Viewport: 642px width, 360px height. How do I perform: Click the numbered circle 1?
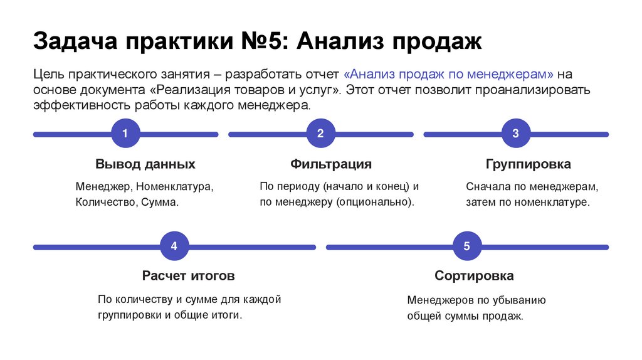[x=125, y=134]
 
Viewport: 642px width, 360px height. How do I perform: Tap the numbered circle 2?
[x=320, y=134]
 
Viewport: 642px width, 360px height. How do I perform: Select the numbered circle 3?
[x=515, y=134]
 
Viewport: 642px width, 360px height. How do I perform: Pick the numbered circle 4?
[x=174, y=246]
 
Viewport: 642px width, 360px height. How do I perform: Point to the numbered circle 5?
[x=467, y=246]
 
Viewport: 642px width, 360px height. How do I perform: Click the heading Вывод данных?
[x=145, y=164]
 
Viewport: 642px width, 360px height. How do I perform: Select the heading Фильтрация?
[x=330, y=164]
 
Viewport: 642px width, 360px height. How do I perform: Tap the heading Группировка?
[x=528, y=164]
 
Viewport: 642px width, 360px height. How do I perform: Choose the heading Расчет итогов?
[x=188, y=275]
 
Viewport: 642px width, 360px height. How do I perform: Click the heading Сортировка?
[x=474, y=275]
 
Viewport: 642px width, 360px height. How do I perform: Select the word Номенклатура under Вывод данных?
[x=175, y=187]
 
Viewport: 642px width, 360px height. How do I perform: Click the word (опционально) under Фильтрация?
[x=375, y=203]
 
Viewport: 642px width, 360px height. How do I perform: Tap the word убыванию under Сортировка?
[x=518, y=300]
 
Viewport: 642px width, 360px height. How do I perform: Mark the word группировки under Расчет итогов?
[x=130, y=315]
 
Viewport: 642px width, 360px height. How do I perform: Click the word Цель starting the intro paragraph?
[x=49, y=73]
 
